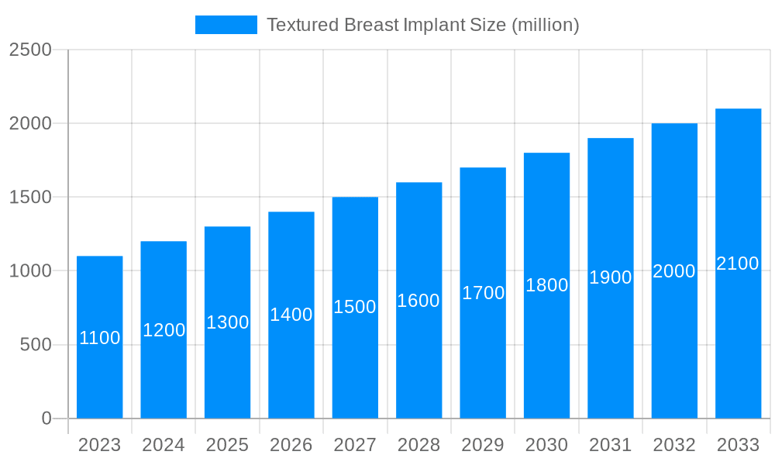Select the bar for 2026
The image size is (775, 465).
point(291,364)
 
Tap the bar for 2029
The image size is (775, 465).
point(483,356)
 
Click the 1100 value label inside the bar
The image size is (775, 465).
point(99,338)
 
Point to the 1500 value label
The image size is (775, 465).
point(355,307)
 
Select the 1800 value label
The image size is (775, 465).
point(546,285)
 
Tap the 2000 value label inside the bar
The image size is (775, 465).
point(674,271)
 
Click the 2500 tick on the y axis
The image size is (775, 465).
point(30,50)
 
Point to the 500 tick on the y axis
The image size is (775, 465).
point(36,345)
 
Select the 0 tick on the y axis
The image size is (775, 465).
point(46,418)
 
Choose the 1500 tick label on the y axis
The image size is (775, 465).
point(30,198)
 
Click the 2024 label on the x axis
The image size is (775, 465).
point(164,445)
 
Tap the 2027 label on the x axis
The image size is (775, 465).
point(355,445)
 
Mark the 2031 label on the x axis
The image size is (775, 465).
point(611,445)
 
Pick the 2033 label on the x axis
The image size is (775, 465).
point(738,445)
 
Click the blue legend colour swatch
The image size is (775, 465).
point(226,25)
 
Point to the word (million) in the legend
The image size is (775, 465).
point(544,25)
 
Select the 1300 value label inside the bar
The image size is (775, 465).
point(227,322)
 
